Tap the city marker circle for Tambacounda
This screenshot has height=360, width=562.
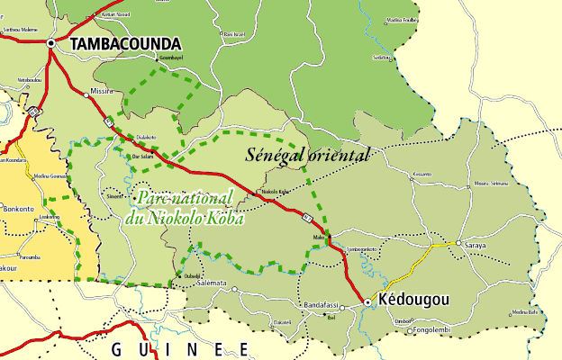(x=52, y=42)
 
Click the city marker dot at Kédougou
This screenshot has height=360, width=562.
(x=367, y=302)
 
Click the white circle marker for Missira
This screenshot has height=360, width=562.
(x=86, y=94)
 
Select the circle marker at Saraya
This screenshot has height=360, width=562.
(x=458, y=243)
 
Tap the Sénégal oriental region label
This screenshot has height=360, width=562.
(x=307, y=155)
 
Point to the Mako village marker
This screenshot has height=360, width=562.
(x=330, y=238)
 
